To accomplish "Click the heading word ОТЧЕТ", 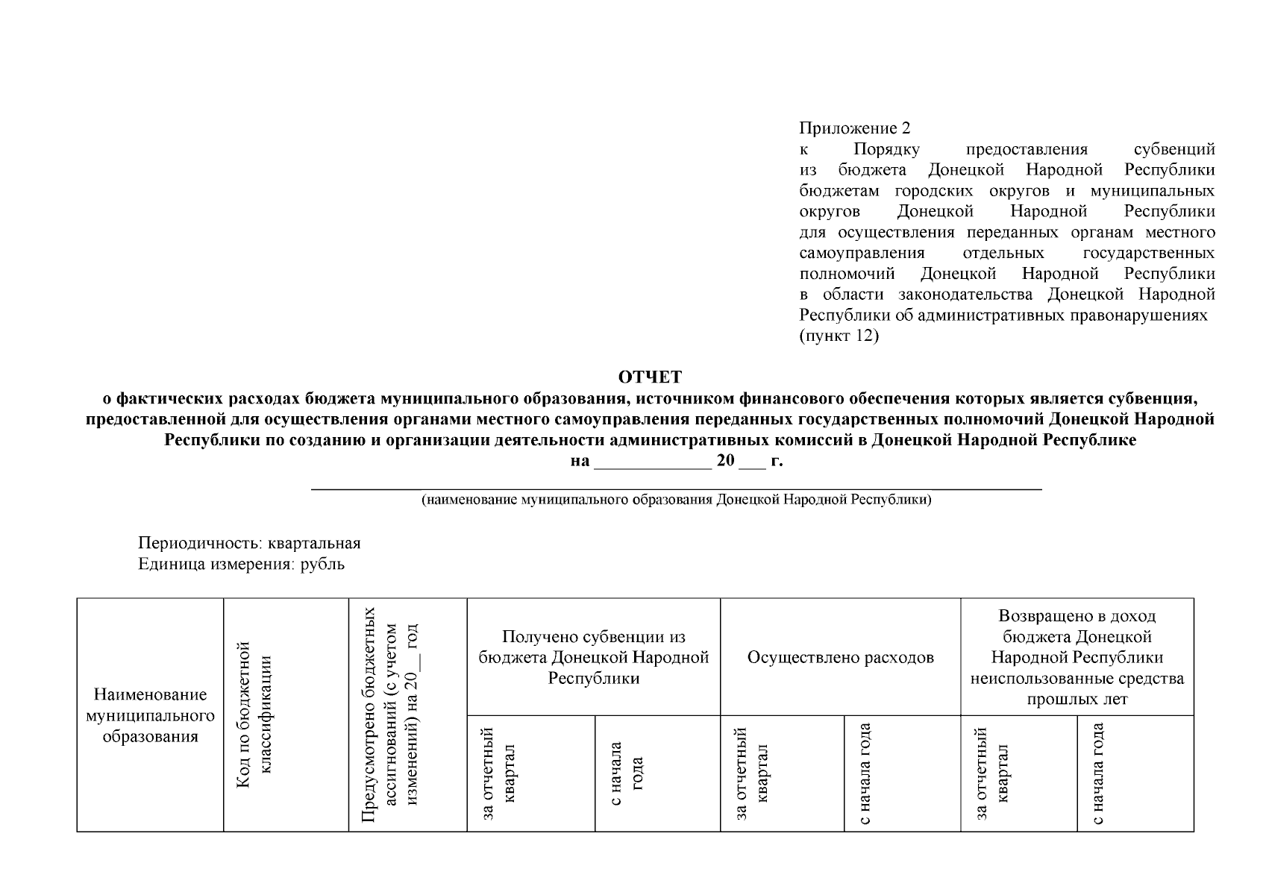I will [650, 377].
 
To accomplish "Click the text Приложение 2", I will [854, 128].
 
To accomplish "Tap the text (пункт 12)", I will [839, 336].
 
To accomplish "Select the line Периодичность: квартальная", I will [249, 543].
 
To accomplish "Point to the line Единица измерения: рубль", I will [241, 564].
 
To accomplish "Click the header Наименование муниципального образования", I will [150, 715].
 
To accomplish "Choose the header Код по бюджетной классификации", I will [254, 715].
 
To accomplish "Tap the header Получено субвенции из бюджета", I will [593, 657].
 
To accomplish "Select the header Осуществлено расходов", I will [840, 657].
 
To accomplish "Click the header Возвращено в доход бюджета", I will [1077, 657].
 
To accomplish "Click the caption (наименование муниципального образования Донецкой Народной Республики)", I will [676, 500].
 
